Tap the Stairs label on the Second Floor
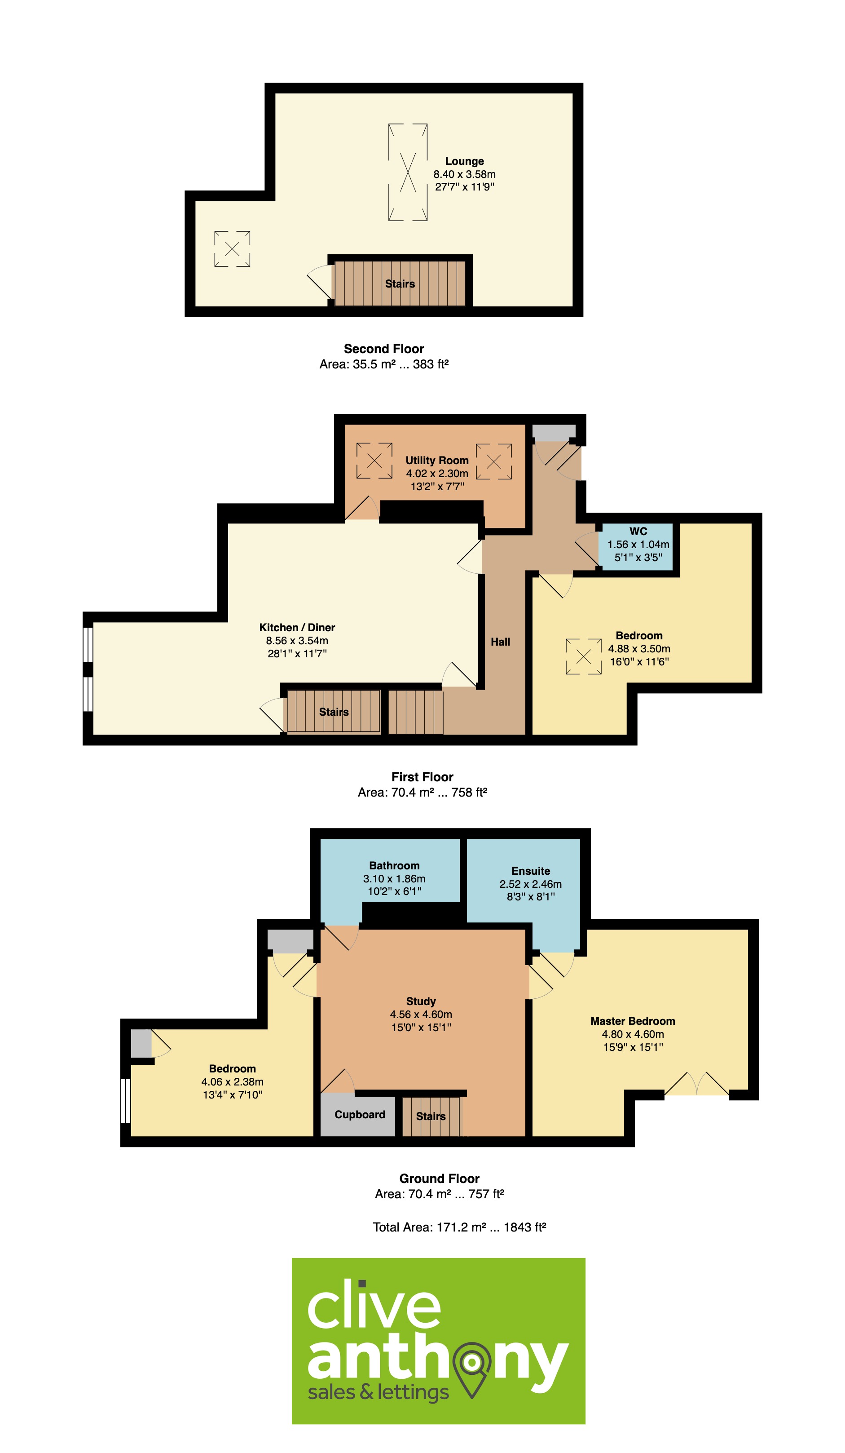pyautogui.click(x=400, y=284)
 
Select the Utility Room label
pyautogui.click(x=437, y=460)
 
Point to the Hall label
pyautogui.click(x=500, y=642)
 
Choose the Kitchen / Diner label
pyautogui.click(x=297, y=627)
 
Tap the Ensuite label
pyautogui.click(x=531, y=871)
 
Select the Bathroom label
pyautogui.click(x=394, y=865)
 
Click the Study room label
pyautogui.click(x=421, y=1001)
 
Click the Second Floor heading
pyautogui.click(x=384, y=349)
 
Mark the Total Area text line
pyautogui.click(x=459, y=1227)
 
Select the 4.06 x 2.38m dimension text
pyautogui.click(x=232, y=1082)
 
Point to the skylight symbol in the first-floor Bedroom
pyautogui.click(x=583, y=656)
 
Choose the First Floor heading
pyautogui.click(x=422, y=777)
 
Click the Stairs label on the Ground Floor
pyautogui.click(x=431, y=1116)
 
